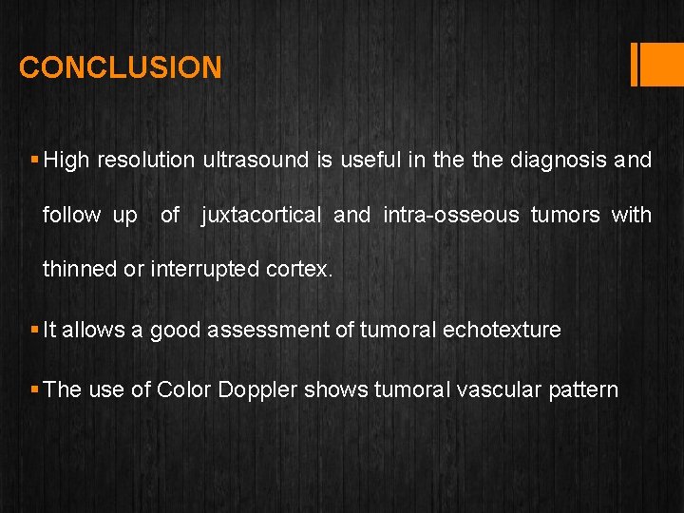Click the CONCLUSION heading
[121, 67]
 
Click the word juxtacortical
[262, 215]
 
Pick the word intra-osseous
[451, 215]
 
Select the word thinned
[80, 269]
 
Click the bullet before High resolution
[34, 160]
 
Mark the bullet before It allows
[34, 330]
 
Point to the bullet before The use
[34, 389]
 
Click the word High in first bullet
[66, 160]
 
